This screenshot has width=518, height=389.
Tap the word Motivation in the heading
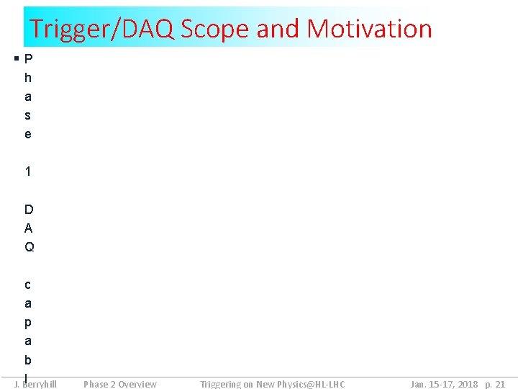coord(369,29)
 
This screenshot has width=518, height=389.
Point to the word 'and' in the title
coord(279,29)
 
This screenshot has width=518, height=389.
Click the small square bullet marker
coord(17,58)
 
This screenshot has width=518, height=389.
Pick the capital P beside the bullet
coord(28,59)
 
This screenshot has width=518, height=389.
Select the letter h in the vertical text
coord(28,78)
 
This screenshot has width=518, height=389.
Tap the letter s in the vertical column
coord(28,115)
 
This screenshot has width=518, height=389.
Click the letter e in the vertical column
coord(28,134)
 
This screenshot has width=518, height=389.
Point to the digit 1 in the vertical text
coord(28,171)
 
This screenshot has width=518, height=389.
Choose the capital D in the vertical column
coord(29,210)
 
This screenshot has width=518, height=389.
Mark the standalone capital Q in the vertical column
coord(29,247)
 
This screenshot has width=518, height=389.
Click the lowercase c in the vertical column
coord(28,285)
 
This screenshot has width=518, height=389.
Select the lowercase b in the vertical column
coord(28,359)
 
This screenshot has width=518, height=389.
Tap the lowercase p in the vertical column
coord(28,323)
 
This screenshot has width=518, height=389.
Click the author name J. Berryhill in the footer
coord(36,384)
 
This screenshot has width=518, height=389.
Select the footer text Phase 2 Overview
coord(120,384)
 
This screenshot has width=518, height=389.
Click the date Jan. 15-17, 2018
coord(444,384)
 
